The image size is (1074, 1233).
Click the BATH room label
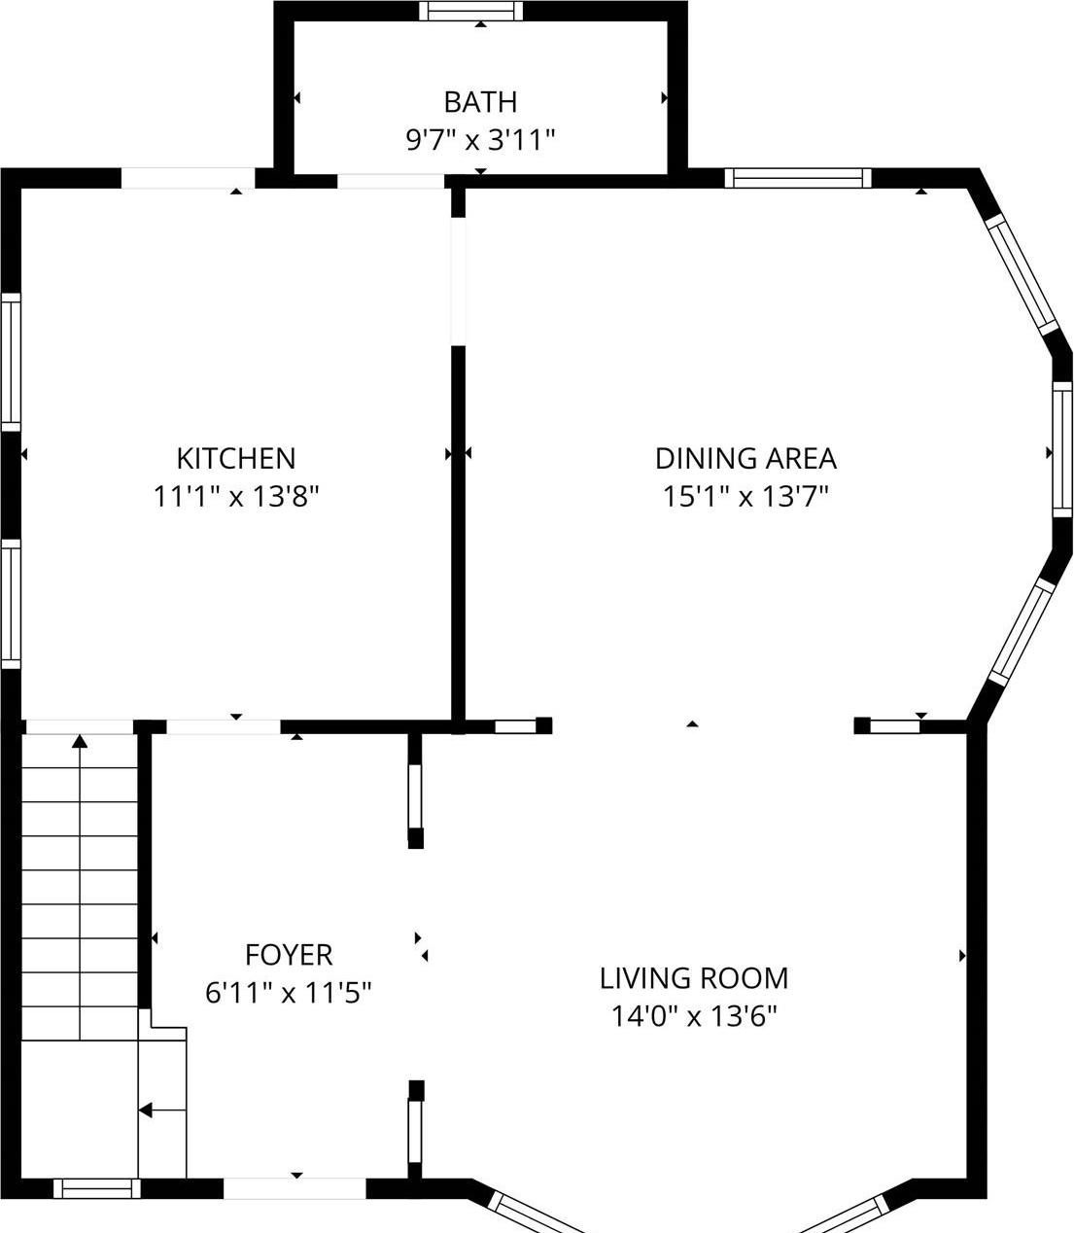click(x=480, y=102)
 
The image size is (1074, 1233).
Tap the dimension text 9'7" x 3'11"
click(x=480, y=141)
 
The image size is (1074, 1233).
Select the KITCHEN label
click(x=236, y=458)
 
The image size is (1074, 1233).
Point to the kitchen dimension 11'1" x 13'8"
click(x=236, y=497)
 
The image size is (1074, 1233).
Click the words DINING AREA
click(x=745, y=458)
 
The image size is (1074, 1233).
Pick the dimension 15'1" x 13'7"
click(x=745, y=497)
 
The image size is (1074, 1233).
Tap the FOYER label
click(x=289, y=955)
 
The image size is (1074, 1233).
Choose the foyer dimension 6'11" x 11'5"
click(x=289, y=993)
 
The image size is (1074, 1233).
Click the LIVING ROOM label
click(x=694, y=978)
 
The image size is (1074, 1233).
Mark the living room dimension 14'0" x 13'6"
click(x=694, y=1017)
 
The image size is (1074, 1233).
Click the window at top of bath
click(x=471, y=12)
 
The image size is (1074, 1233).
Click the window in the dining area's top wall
click(x=798, y=178)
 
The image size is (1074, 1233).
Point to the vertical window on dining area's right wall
click(x=1062, y=452)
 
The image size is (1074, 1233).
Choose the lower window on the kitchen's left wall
click(x=11, y=604)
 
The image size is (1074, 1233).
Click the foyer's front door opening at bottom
click(x=294, y=1188)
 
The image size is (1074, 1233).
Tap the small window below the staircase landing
click(x=96, y=1188)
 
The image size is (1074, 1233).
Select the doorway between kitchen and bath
click(x=391, y=181)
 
